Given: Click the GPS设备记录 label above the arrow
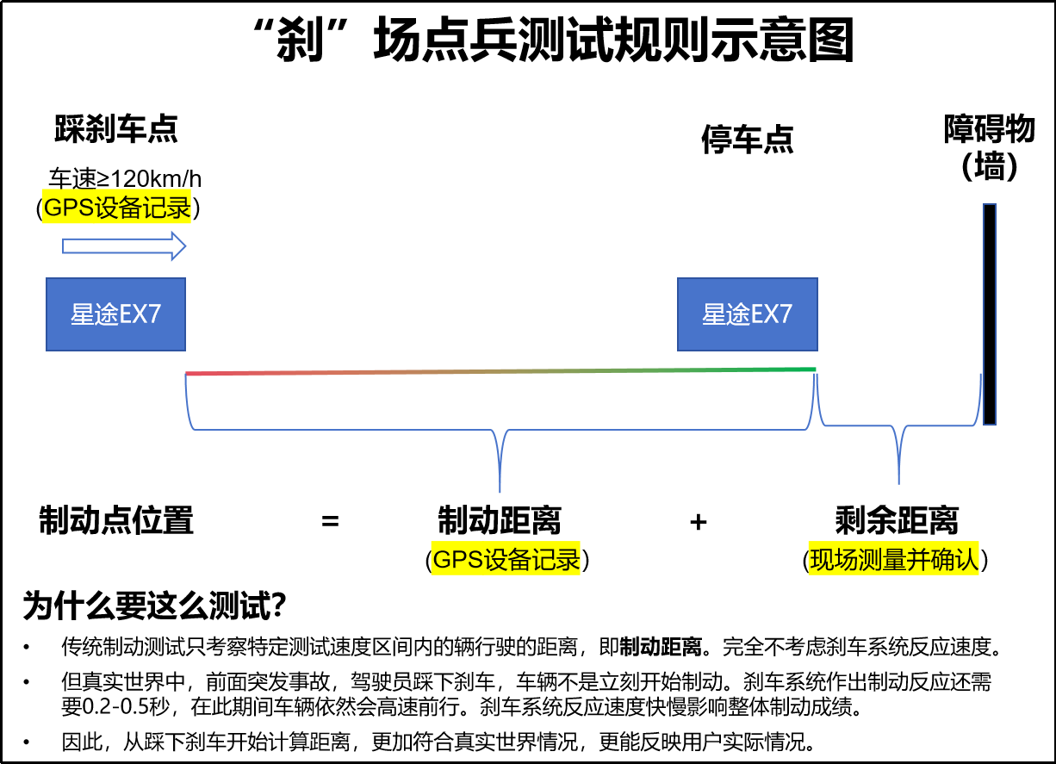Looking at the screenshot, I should click(116, 208).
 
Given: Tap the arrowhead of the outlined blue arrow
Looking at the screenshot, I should click(178, 246).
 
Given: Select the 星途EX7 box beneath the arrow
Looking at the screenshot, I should click(115, 314).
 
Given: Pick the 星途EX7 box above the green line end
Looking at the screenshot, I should click(747, 314).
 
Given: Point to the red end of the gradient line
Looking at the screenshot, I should click(189, 374).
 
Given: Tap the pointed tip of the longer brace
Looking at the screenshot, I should click(500, 491).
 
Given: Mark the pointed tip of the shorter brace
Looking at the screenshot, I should click(898, 482).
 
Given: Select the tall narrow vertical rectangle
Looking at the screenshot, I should click(990, 314).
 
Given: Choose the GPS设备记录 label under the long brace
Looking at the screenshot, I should click(506, 560).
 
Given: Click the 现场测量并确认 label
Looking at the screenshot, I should click(893, 560).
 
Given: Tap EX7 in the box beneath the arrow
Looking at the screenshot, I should click(140, 314).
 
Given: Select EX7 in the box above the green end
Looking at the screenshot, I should click(771, 314).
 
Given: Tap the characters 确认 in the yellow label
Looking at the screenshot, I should click(954, 560).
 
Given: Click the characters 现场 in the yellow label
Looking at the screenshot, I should click(833, 560).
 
